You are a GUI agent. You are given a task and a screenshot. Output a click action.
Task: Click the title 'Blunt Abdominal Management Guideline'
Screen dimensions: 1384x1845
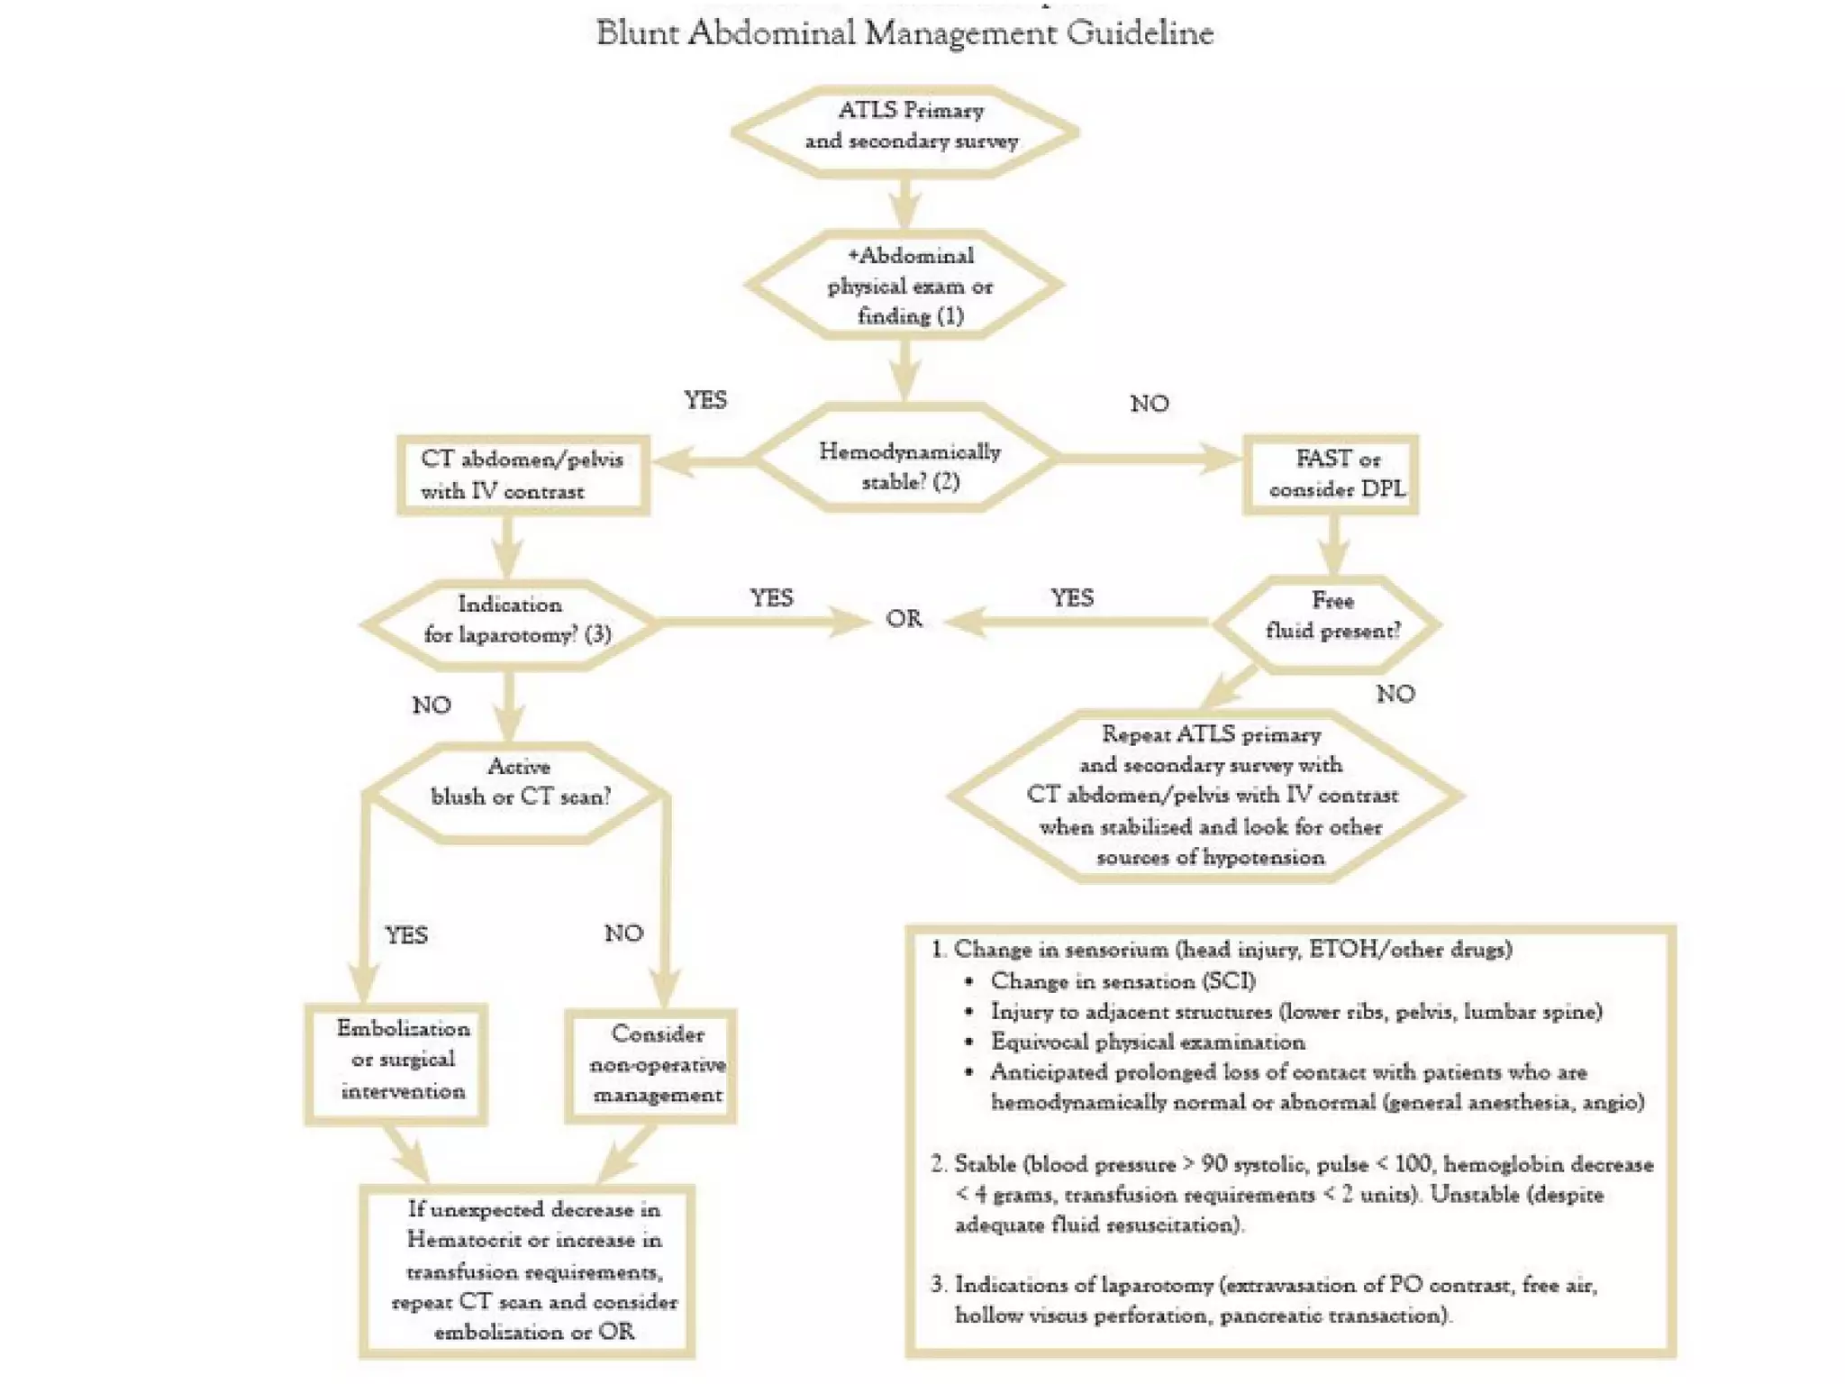(904, 33)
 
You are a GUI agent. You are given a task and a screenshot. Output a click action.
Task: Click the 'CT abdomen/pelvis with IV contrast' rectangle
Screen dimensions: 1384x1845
(523, 475)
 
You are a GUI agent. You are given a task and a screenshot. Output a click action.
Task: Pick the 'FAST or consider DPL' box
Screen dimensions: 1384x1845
(1331, 474)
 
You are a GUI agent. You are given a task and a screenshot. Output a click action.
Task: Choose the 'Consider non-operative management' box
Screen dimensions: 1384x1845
(651, 1066)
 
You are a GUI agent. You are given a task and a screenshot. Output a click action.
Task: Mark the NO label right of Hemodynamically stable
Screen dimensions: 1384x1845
(1149, 404)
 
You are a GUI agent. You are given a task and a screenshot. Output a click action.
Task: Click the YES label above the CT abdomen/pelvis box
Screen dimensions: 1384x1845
(704, 400)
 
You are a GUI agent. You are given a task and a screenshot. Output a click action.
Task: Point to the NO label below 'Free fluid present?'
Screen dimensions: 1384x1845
(1395, 694)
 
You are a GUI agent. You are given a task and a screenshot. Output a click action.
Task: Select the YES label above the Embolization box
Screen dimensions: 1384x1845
(406, 935)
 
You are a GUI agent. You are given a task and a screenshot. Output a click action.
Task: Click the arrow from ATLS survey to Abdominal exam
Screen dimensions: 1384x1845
(905, 203)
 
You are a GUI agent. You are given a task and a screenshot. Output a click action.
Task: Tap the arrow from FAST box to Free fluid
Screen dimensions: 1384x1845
(1332, 544)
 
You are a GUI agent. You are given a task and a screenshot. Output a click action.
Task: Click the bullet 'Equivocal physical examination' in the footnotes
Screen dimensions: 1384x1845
(1147, 1043)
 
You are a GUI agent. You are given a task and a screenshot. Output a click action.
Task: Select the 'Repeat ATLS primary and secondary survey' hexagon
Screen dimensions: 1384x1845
(1207, 795)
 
